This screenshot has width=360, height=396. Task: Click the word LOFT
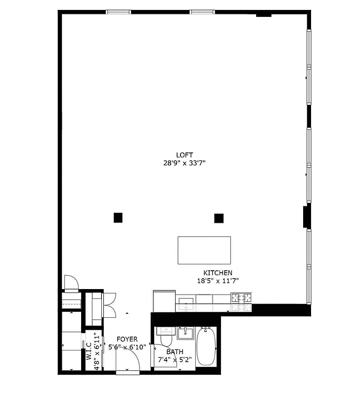[x=184, y=154]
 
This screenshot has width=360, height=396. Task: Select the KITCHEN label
[x=218, y=273]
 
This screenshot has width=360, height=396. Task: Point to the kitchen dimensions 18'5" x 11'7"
[x=218, y=281]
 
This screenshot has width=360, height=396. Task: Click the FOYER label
[x=127, y=339]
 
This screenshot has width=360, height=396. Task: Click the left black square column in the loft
[x=118, y=217]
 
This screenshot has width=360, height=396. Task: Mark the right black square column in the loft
[x=219, y=217]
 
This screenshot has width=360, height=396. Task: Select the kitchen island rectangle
[x=204, y=250]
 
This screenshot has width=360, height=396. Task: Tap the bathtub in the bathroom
[x=207, y=346]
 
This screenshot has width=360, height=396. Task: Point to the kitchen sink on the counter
[x=185, y=303]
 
